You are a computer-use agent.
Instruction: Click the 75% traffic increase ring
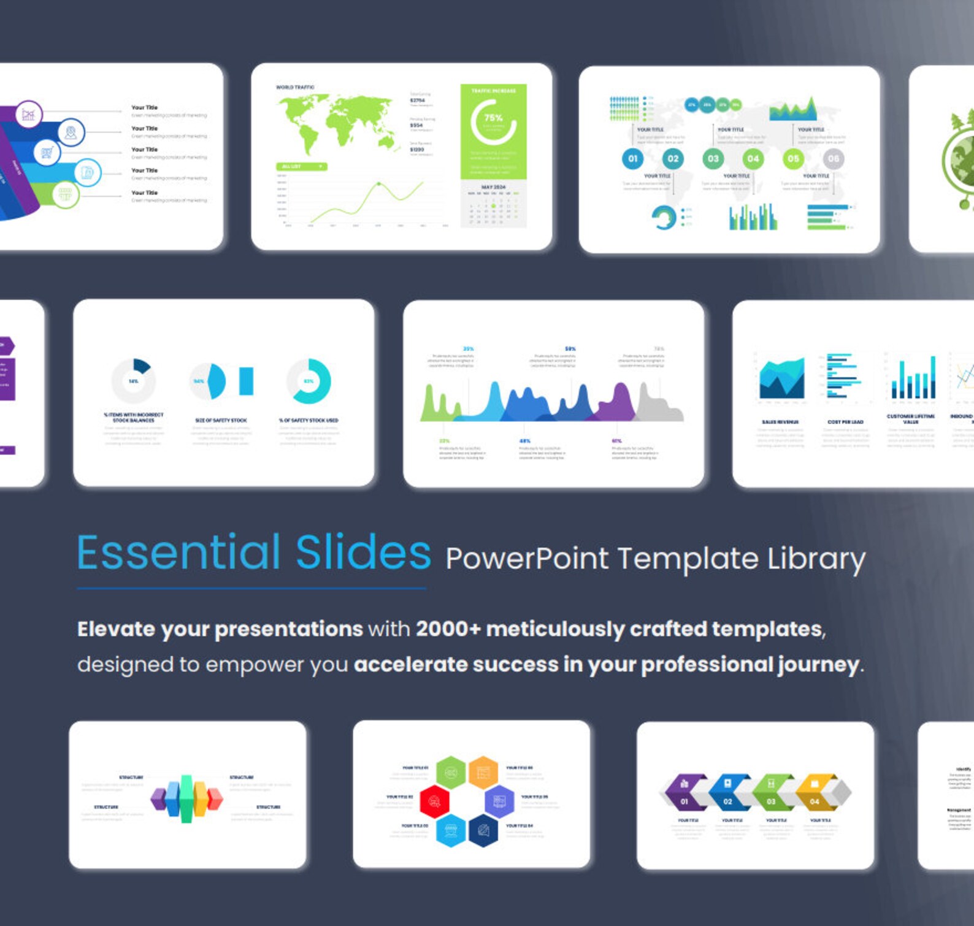coord(493,121)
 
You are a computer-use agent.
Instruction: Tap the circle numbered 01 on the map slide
coord(632,159)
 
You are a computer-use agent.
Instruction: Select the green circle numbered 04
coord(753,159)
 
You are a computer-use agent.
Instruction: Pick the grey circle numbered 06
coord(833,159)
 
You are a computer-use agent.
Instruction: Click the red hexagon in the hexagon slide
coord(434,801)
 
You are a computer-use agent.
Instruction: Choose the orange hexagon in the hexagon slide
coord(483,771)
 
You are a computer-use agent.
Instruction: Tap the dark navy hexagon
coord(483,830)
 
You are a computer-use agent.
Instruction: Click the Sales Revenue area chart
coord(781,379)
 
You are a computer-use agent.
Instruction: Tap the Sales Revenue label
coord(780,422)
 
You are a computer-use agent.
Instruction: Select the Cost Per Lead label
coord(845,422)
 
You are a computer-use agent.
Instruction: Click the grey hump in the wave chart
coord(658,405)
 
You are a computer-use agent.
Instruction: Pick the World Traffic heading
coord(295,88)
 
